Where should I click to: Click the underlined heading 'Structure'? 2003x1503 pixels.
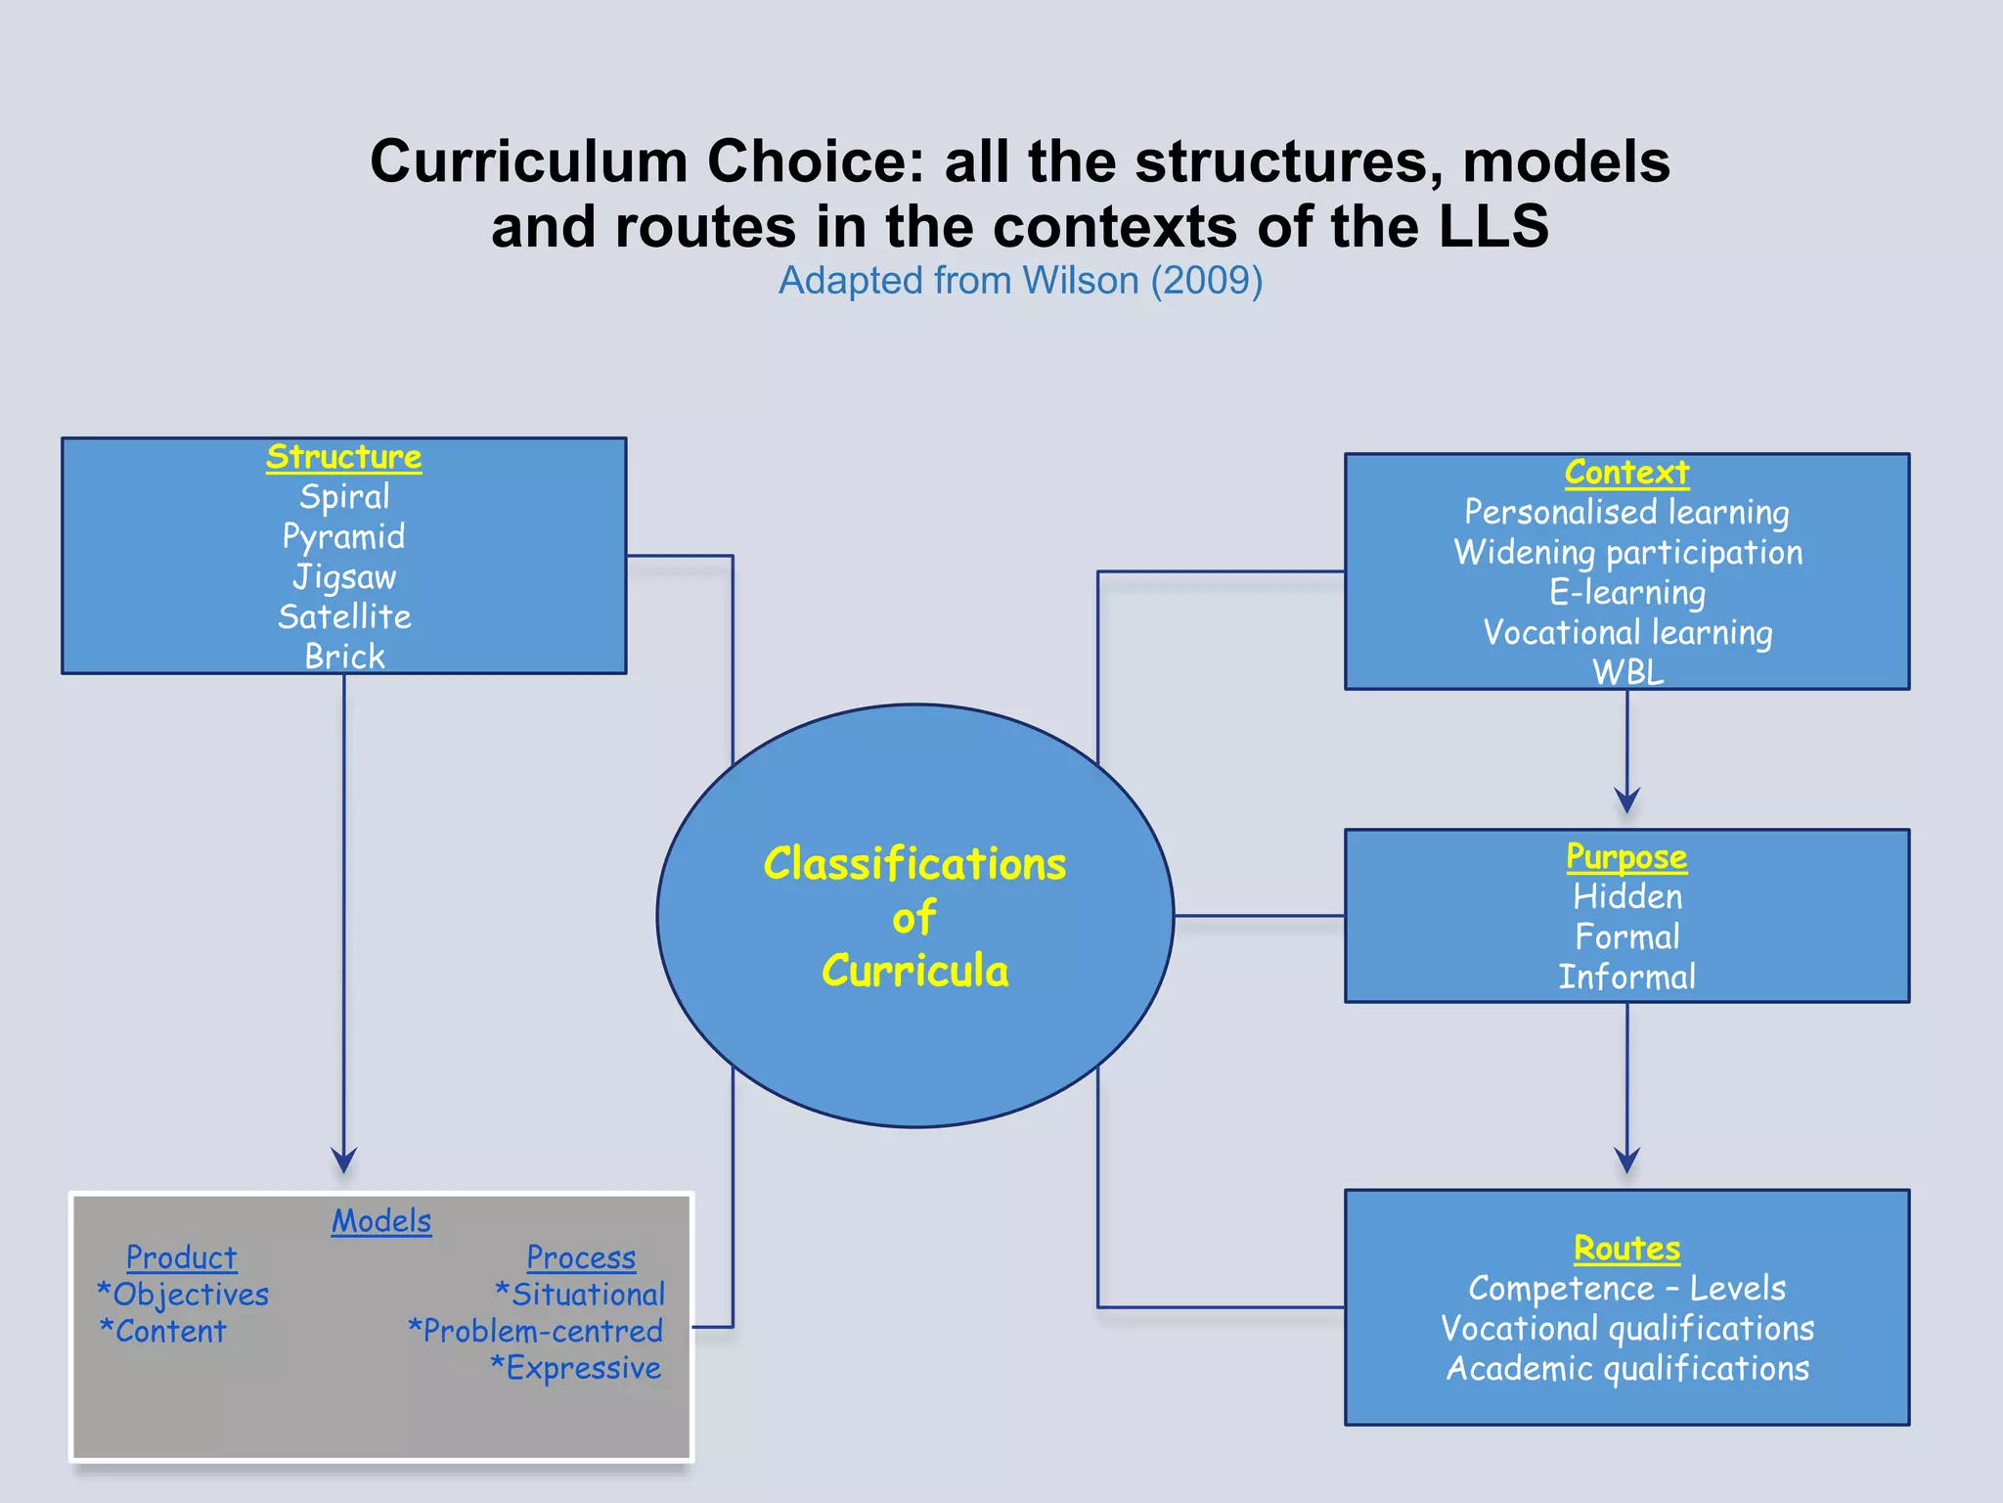click(x=343, y=457)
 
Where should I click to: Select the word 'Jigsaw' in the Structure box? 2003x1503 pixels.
click(x=344, y=576)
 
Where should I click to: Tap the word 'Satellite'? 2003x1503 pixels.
click(x=344, y=616)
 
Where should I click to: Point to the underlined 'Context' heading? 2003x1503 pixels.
click(x=1626, y=473)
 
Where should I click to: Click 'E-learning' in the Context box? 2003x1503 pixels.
click(x=1627, y=592)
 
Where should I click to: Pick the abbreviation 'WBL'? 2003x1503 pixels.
click(x=1627, y=672)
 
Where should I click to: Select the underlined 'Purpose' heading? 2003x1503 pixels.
click(x=1626, y=856)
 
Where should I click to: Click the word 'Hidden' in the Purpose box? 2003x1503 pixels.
click(x=1627, y=896)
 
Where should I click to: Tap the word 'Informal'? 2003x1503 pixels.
click(x=1627, y=977)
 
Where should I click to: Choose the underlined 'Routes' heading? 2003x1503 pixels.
click(x=1626, y=1249)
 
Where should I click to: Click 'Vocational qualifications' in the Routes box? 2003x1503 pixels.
click(x=1627, y=1328)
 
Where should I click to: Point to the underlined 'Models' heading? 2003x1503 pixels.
click(x=381, y=1221)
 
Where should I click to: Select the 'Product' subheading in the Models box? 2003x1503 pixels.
click(x=182, y=1257)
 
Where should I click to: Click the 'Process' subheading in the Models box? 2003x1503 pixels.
click(x=581, y=1257)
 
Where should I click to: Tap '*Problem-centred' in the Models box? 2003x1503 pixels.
click(x=536, y=1331)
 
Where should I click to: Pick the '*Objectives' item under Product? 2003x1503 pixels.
click(x=183, y=1295)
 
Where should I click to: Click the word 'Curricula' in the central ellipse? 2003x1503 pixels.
click(x=915, y=971)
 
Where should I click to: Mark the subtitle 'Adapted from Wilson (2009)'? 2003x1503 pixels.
click(x=1020, y=281)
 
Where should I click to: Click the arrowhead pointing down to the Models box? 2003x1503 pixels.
click(x=344, y=1161)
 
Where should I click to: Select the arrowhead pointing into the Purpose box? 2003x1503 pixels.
click(x=1627, y=801)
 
